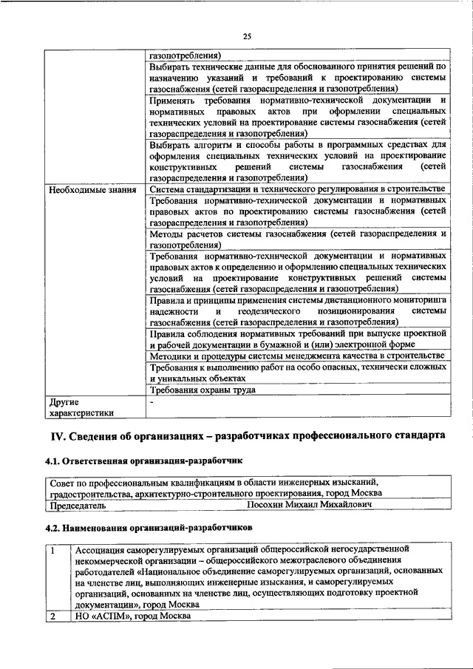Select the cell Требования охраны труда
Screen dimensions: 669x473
[203, 390]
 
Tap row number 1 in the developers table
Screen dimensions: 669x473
[53, 551]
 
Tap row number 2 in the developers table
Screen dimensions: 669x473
[53, 616]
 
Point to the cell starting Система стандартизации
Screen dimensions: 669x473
[296, 190]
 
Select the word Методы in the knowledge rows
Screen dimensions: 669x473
[169, 234]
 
